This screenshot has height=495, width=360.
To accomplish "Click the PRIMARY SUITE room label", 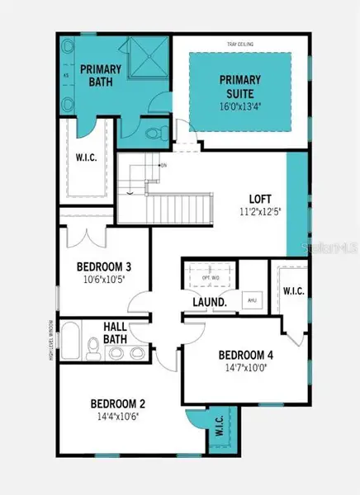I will (x=239, y=85).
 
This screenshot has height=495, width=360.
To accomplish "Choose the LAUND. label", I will (x=211, y=302).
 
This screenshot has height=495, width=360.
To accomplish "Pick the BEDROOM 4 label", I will (x=246, y=356).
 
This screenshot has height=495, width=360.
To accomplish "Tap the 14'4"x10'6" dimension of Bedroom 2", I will (x=117, y=416).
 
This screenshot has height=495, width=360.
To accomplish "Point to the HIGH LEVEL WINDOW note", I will (x=51, y=339).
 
